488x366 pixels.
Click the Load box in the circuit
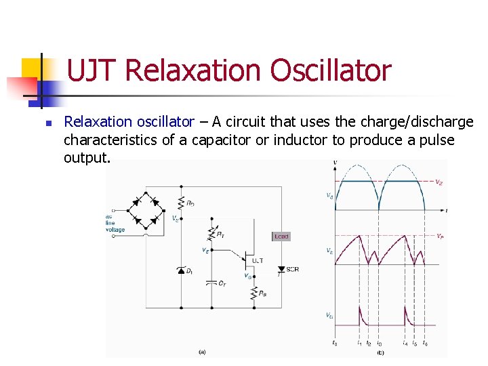tap(281, 237)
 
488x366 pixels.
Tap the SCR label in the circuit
tap(293, 269)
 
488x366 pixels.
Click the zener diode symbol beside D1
tap(181, 270)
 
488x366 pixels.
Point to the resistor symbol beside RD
tap(181, 202)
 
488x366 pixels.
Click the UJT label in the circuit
tap(258, 260)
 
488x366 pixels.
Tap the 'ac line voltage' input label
tap(115, 223)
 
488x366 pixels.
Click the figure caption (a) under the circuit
tap(201, 352)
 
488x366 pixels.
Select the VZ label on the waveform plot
tap(439, 182)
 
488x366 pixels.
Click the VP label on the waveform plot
tap(440, 236)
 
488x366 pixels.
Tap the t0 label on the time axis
tap(335, 343)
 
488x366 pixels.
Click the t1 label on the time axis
tap(359, 343)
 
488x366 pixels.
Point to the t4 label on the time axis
tap(404, 343)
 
